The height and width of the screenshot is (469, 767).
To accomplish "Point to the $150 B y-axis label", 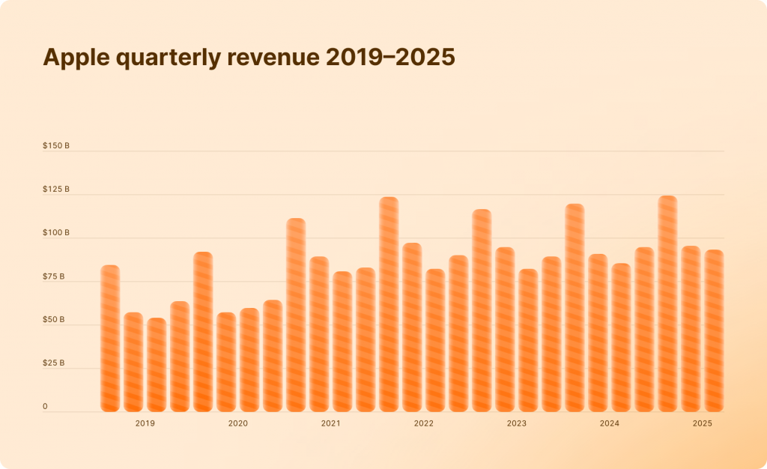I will (x=56, y=146).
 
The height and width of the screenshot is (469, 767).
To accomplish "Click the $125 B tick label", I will (x=56, y=190).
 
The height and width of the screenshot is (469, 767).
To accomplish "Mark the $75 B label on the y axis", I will (x=54, y=277).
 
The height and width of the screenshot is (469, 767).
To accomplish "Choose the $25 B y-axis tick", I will (x=54, y=363).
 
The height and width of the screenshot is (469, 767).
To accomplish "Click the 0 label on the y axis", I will (x=45, y=407).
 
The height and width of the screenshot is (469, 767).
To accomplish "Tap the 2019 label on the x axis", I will (x=145, y=424).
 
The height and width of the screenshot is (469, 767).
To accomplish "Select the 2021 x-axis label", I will (x=330, y=424).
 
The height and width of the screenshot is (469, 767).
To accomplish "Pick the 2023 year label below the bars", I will (x=516, y=424).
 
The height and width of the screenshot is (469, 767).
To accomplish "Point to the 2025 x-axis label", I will (x=702, y=424).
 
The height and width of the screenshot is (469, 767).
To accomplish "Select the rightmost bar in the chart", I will (x=714, y=330).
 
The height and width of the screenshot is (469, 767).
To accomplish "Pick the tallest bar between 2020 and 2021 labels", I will (x=296, y=315).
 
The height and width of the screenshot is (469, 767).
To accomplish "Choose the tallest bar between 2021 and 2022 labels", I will (x=389, y=304).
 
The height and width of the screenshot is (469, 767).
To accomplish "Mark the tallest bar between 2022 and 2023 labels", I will (x=482, y=310).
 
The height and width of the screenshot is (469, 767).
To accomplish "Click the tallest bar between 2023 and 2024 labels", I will (x=575, y=308).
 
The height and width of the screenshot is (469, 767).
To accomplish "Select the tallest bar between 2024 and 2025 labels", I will (x=667, y=303).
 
